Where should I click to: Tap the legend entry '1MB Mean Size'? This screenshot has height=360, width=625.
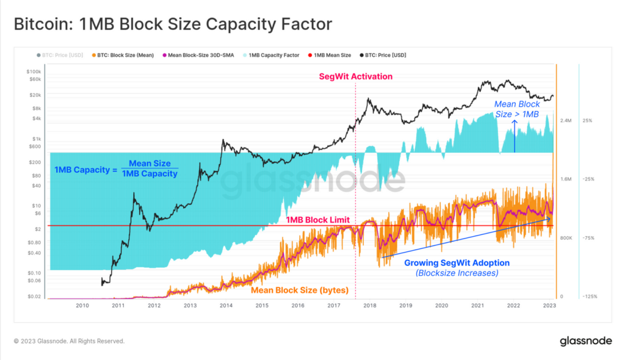coord(332,55)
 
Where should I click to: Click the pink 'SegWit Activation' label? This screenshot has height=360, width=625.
coord(356,76)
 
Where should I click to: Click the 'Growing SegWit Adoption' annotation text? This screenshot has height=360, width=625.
coord(457,263)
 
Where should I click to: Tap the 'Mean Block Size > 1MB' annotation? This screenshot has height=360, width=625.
coord(516,109)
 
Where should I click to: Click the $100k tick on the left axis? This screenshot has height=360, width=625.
coord(34,72)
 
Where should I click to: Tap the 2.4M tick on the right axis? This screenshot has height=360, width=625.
coord(565,121)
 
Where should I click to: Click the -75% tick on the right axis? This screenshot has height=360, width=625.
coord(588,238)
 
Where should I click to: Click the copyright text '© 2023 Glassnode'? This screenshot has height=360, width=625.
coord(69,341)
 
